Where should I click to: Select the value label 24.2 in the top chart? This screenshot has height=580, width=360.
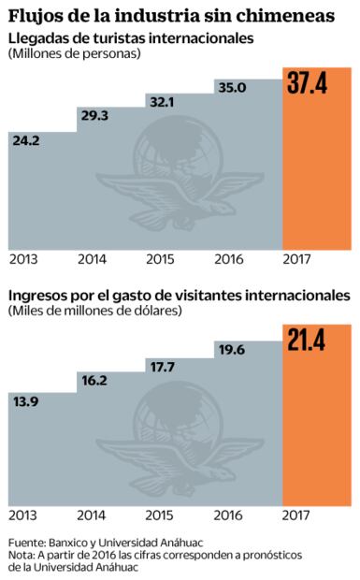pos(27,142)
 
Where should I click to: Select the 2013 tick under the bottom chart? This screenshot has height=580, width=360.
pos(24,514)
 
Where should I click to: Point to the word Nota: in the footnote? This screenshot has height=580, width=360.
pos(23,555)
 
